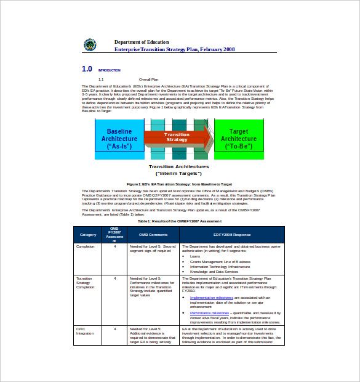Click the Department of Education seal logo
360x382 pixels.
pyautogui.click(x=90, y=44)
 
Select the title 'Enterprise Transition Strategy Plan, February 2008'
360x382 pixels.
pyautogui.click(x=174, y=49)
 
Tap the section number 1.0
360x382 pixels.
pyautogui.click(x=87, y=69)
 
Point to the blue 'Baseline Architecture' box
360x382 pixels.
pyautogui.click(x=119, y=139)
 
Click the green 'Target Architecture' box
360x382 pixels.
pyautogui.click(x=239, y=139)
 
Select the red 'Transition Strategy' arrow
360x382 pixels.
pyautogui.click(x=177, y=137)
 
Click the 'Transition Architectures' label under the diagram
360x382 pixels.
pyautogui.click(x=178, y=166)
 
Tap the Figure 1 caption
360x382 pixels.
pyautogui.click(x=179, y=184)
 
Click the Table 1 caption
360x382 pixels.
pyautogui.click(x=179, y=221)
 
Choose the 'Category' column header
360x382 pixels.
pyautogui.click(x=88, y=235)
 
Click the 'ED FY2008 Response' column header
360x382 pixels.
pyautogui.click(x=232, y=235)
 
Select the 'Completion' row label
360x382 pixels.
pyautogui.click(x=85, y=246)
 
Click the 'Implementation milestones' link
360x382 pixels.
pyautogui.click(x=210, y=297)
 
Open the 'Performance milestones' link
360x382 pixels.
pyautogui.click(x=209, y=312)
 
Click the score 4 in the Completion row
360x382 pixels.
pyautogui.click(x=114, y=246)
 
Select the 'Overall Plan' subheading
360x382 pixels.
pyautogui.click(x=148, y=79)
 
